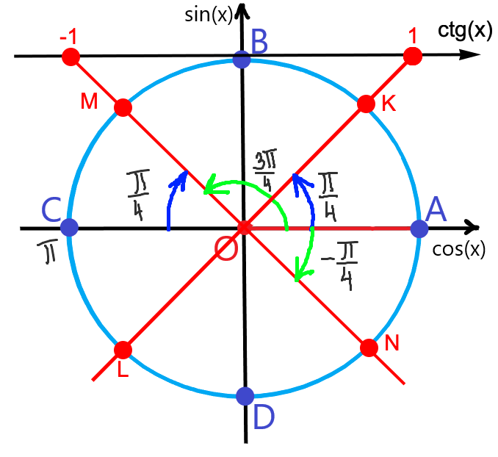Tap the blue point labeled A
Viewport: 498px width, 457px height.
(419, 228)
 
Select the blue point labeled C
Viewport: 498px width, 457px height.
(70, 228)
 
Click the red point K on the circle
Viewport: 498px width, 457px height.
(365, 104)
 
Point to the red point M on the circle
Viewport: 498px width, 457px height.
(123, 108)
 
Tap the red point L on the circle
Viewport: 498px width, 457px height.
(123, 349)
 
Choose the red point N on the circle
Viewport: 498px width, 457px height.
(369, 348)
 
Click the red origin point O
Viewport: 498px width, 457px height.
(245, 228)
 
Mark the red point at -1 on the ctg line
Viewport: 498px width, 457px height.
(71, 57)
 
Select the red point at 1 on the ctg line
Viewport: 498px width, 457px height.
(413, 56)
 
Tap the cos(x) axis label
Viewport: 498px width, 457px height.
(459, 250)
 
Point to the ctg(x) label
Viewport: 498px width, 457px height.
(463, 30)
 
